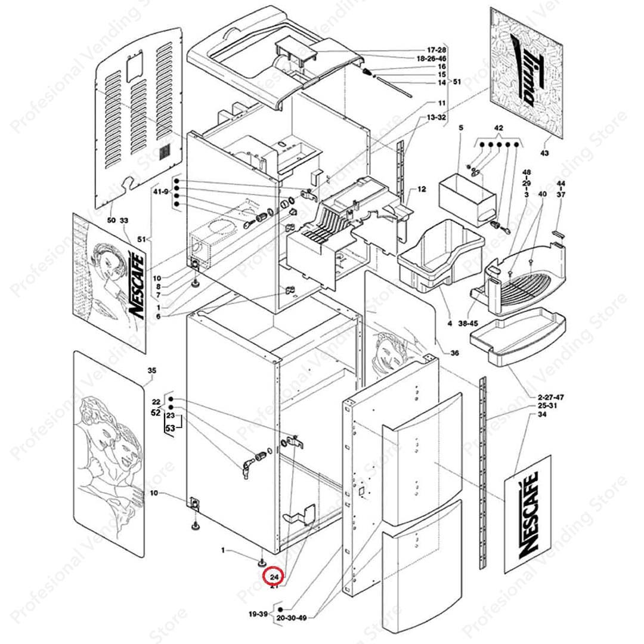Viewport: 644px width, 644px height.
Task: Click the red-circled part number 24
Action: pos(274,577)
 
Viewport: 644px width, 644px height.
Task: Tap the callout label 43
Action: pos(544,154)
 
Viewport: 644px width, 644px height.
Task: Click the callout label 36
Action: pos(454,353)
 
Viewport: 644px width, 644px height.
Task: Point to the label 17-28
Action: pos(436,49)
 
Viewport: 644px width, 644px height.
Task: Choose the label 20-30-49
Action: pos(292,618)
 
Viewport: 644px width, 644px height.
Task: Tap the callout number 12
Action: pos(422,190)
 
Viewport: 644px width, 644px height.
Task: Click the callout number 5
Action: pos(460,128)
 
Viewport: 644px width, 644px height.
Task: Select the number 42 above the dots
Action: pos(499,128)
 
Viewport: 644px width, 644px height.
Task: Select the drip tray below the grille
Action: pos(513,337)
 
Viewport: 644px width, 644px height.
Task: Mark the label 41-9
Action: pos(161,192)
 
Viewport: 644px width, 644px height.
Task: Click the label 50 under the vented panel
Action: pos(112,221)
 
